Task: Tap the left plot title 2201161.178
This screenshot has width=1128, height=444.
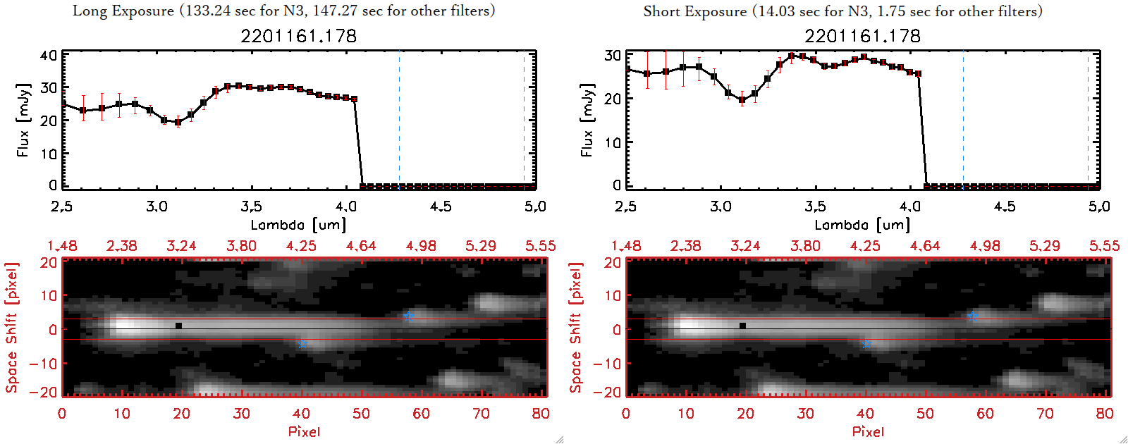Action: tap(298, 36)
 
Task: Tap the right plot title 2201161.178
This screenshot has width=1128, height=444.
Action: tap(862, 36)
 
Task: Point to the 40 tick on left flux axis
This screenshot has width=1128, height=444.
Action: tap(49, 56)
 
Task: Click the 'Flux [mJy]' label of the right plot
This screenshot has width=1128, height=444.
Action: tap(587, 121)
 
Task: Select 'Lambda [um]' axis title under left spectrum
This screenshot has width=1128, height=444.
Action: tap(298, 225)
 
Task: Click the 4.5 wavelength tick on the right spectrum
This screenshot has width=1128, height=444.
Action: tap(1005, 206)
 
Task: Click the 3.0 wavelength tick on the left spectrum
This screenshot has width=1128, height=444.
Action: tap(157, 206)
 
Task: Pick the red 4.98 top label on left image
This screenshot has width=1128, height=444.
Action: tap(421, 246)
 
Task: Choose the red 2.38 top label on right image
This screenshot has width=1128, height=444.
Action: tap(685, 246)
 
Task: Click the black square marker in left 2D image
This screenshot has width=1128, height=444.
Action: tap(179, 326)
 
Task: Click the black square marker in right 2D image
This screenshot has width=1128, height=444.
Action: tap(743, 326)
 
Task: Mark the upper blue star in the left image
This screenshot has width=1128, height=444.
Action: tap(408, 316)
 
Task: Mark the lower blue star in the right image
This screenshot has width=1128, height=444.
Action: tap(866, 344)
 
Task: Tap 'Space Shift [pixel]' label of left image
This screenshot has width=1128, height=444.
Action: tap(11, 328)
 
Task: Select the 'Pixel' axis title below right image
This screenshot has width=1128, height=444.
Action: tap(868, 431)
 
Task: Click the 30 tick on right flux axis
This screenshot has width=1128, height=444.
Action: tap(613, 56)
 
